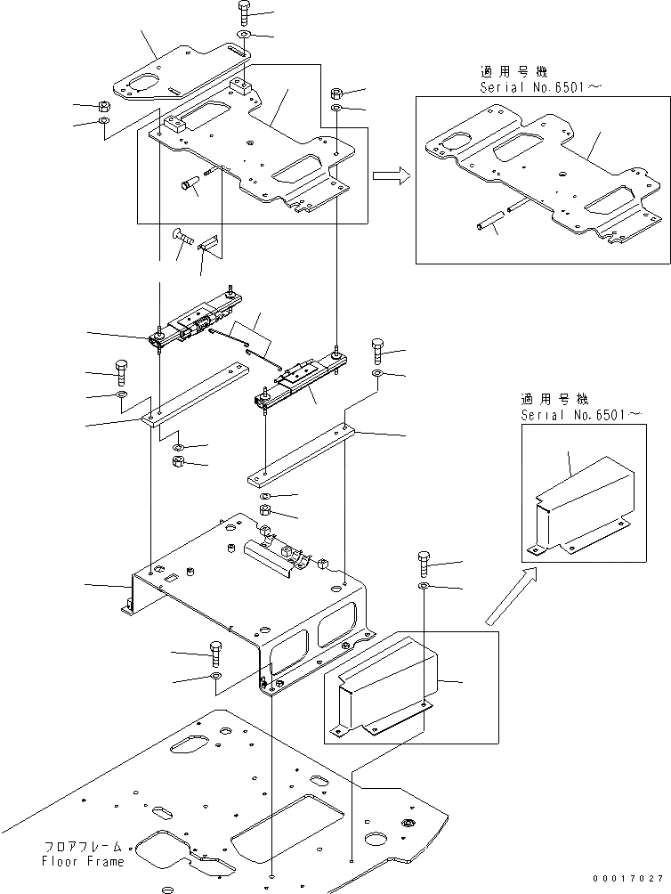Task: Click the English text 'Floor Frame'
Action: (x=82, y=862)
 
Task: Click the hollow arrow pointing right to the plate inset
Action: (x=390, y=176)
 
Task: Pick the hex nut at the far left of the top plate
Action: (x=103, y=105)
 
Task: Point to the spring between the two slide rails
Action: (x=245, y=345)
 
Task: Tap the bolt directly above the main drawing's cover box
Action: (x=424, y=565)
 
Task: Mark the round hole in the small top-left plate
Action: (x=141, y=85)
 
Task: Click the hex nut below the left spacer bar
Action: (x=177, y=461)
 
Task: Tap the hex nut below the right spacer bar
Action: (x=265, y=510)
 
